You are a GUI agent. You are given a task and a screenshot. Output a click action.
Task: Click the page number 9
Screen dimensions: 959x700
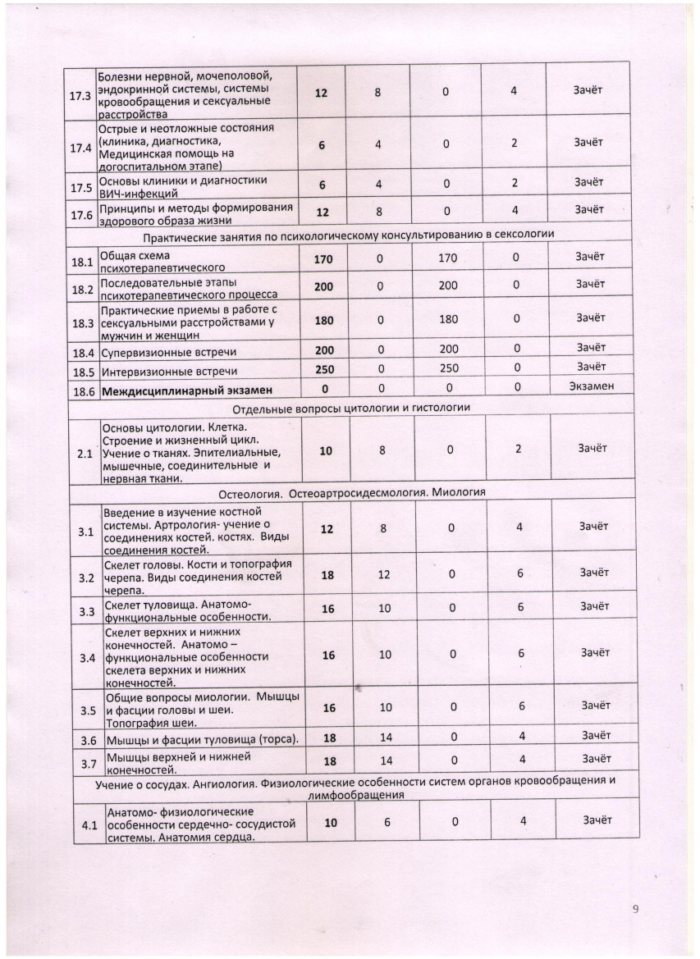click(635, 908)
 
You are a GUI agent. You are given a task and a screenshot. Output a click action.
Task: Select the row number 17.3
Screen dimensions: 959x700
click(83, 93)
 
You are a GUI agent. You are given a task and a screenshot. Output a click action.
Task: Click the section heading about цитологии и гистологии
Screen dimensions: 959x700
click(350, 408)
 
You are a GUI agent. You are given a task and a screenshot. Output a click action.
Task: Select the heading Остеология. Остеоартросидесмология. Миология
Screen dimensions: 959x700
click(353, 493)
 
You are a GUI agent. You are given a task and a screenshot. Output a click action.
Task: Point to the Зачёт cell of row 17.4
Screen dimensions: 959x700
click(588, 142)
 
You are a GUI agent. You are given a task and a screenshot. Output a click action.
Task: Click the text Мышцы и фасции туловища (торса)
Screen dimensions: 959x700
click(200, 740)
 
